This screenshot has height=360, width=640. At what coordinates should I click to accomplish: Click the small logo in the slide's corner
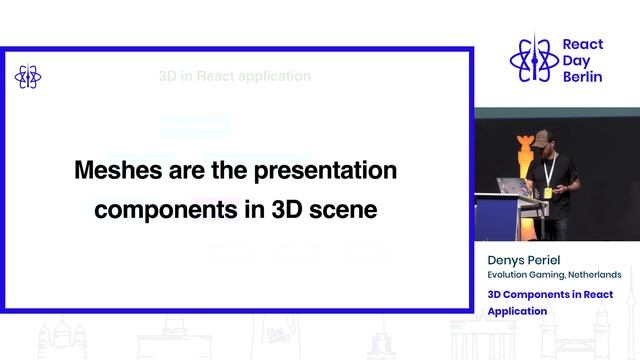coord(27,77)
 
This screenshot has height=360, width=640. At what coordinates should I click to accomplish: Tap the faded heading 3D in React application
coord(235,76)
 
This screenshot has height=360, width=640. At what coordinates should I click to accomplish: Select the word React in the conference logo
coord(583,45)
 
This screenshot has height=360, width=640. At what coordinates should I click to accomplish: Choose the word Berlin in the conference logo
coord(583,77)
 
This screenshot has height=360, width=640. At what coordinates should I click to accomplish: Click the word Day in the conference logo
coord(577,61)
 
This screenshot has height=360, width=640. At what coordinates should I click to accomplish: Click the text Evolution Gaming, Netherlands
coord(554,275)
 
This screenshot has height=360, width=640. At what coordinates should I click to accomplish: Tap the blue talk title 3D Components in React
coord(550,295)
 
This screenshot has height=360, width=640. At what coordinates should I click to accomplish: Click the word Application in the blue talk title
coord(517,311)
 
